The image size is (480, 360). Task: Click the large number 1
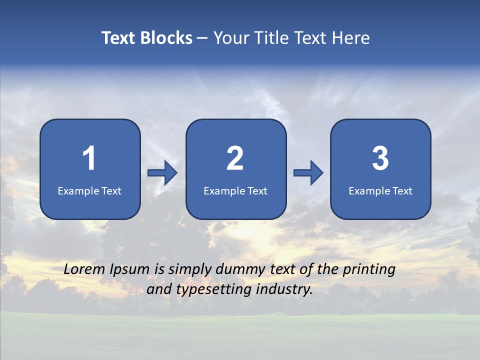click(x=89, y=158)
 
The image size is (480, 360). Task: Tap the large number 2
click(x=235, y=158)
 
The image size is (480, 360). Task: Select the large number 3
click(x=380, y=158)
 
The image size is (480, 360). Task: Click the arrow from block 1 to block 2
click(x=162, y=173)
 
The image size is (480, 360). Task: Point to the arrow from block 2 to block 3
click(x=308, y=173)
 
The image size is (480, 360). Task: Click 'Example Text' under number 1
click(x=89, y=191)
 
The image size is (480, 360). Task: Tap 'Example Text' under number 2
click(x=235, y=191)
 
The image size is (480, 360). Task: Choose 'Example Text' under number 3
click(x=380, y=191)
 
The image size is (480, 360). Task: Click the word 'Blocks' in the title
click(x=166, y=38)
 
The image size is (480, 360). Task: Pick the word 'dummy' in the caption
click(x=239, y=270)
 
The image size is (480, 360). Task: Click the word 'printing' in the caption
click(x=369, y=270)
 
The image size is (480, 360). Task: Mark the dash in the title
click(x=202, y=38)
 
